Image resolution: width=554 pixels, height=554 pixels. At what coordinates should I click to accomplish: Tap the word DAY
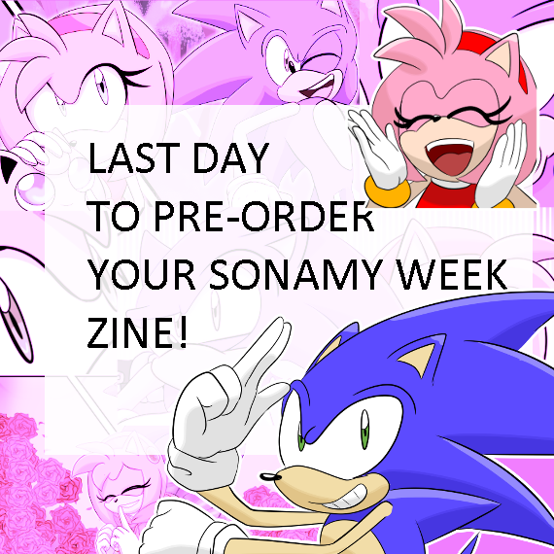tap(231, 157)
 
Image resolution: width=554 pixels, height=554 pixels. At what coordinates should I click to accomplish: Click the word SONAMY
tap(296, 274)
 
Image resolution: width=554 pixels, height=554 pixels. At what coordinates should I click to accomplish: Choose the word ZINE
tap(129, 332)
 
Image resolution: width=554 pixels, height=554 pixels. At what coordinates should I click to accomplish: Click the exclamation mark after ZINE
tap(183, 332)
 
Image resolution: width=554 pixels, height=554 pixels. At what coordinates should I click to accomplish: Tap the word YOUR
tap(141, 274)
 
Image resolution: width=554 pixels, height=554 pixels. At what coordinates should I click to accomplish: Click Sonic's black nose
tap(270, 477)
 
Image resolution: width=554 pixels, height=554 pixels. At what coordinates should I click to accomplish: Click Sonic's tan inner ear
tap(418, 358)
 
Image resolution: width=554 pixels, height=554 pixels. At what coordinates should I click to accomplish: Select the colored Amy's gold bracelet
tap(387, 192)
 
